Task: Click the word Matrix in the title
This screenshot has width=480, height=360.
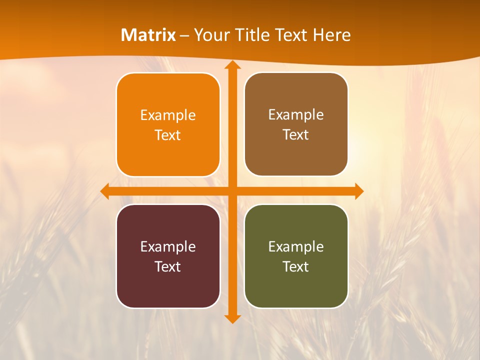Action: pyautogui.click(x=148, y=35)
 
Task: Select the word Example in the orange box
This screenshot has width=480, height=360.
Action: pyautogui.click(x=168, y=115)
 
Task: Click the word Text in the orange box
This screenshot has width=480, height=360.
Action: pyautogui.click(x=168, y=135)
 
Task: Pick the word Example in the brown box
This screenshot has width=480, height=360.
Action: pyautogui.click(x=296, y=115)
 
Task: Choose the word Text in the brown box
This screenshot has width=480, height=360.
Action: pyautogui.click(x=296, y=135)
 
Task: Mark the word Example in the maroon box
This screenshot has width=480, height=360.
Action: pyautogui.click(x=168, y=247)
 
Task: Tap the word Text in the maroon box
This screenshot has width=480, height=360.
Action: pyautogui.click(x=168, y=267)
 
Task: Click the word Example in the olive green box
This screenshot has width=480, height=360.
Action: pyautogui.click(x=296, y=247)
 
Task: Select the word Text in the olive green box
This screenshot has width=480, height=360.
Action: pyautogui.click(x=296, y=267)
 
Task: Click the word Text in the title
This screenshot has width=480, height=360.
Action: pyautogui.click(x=290, y=35)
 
